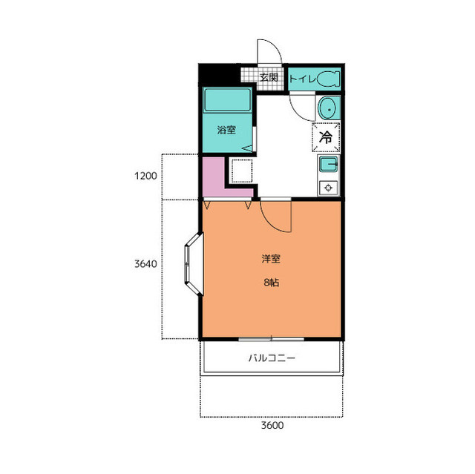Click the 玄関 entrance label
pyautogui.click(x=269, y=77)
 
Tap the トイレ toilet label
pyautogui.click(x=302, y=79)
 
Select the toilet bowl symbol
pyautogui.click(x=328, y=79)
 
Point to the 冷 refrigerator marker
pyautogui.click(x=326, y=137)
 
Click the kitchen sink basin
pyautogui.click(x=328, y=165)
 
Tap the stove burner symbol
pyautogui.click(x=328, y=188)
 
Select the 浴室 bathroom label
pyautogui.click(x=226, y=130)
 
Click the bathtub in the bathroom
pyautogui.click(x=228, y=100)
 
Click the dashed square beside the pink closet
pyautogui.click(x=242, y=171)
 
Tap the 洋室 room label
pyautogui.click(x=271, y=259)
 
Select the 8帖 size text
pyautogui.click(x=271, y=283)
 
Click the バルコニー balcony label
pyautogui.click(x=272, y=358)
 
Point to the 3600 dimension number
pyautogui.click(x=272, y=425)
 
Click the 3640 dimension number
pyautogui.click(x=145, y=264)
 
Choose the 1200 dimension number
pyautogui.click(x=145, y=176)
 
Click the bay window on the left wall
pyautogui.click(x=193, y=264)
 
